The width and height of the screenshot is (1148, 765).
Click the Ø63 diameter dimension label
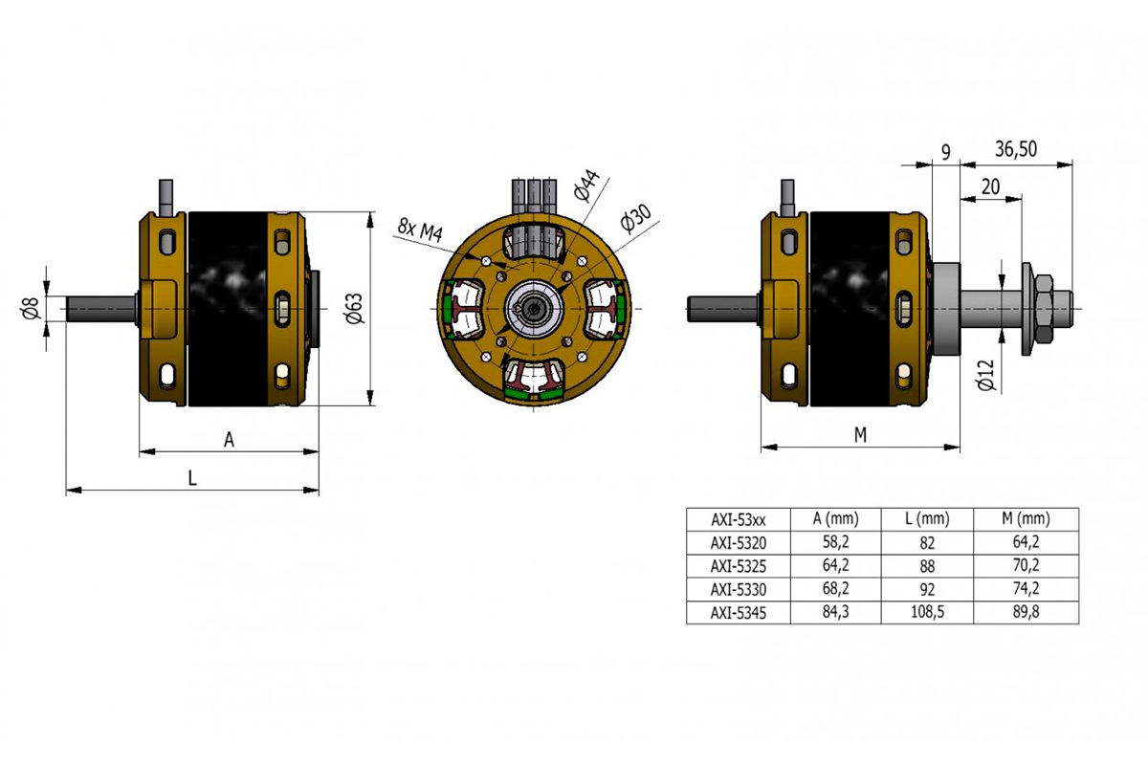point(353,308)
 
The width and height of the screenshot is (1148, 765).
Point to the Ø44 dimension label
point(586,186)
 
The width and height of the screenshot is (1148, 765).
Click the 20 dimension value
point(990,186)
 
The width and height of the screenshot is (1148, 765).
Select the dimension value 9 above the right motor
point(945,150)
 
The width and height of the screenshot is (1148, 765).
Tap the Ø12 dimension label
point(988,374)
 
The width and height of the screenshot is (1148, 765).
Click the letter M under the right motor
point(859,435)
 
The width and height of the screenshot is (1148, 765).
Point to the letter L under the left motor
point(192,479)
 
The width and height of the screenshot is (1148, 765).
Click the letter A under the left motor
point(229,439)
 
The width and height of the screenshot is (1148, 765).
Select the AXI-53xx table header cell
point(739,519)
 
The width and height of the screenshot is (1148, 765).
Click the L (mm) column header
point(927,519)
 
